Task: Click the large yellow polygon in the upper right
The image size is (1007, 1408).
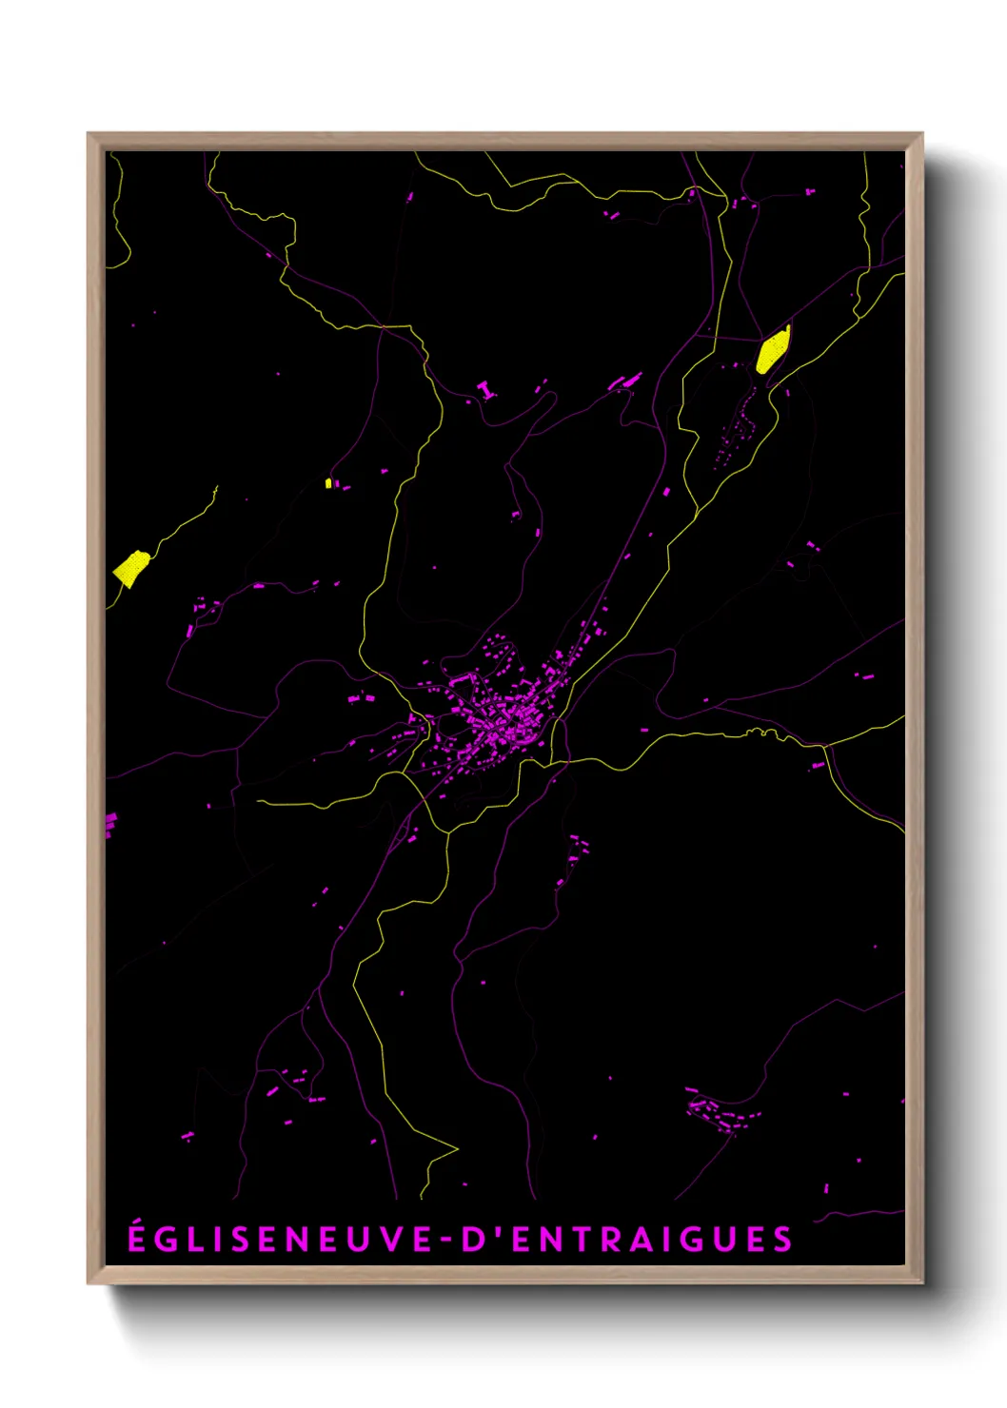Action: (x=773, y=350)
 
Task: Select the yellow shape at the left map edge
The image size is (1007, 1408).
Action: (x=130, y=568)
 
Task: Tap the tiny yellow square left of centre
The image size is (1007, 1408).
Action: (x=328, y=483)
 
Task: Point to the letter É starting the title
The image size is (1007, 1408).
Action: (x=137, y=1238)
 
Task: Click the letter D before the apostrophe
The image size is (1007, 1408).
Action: (x=473, y=1240)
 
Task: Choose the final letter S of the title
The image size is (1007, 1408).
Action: (x=782, y=1240)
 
